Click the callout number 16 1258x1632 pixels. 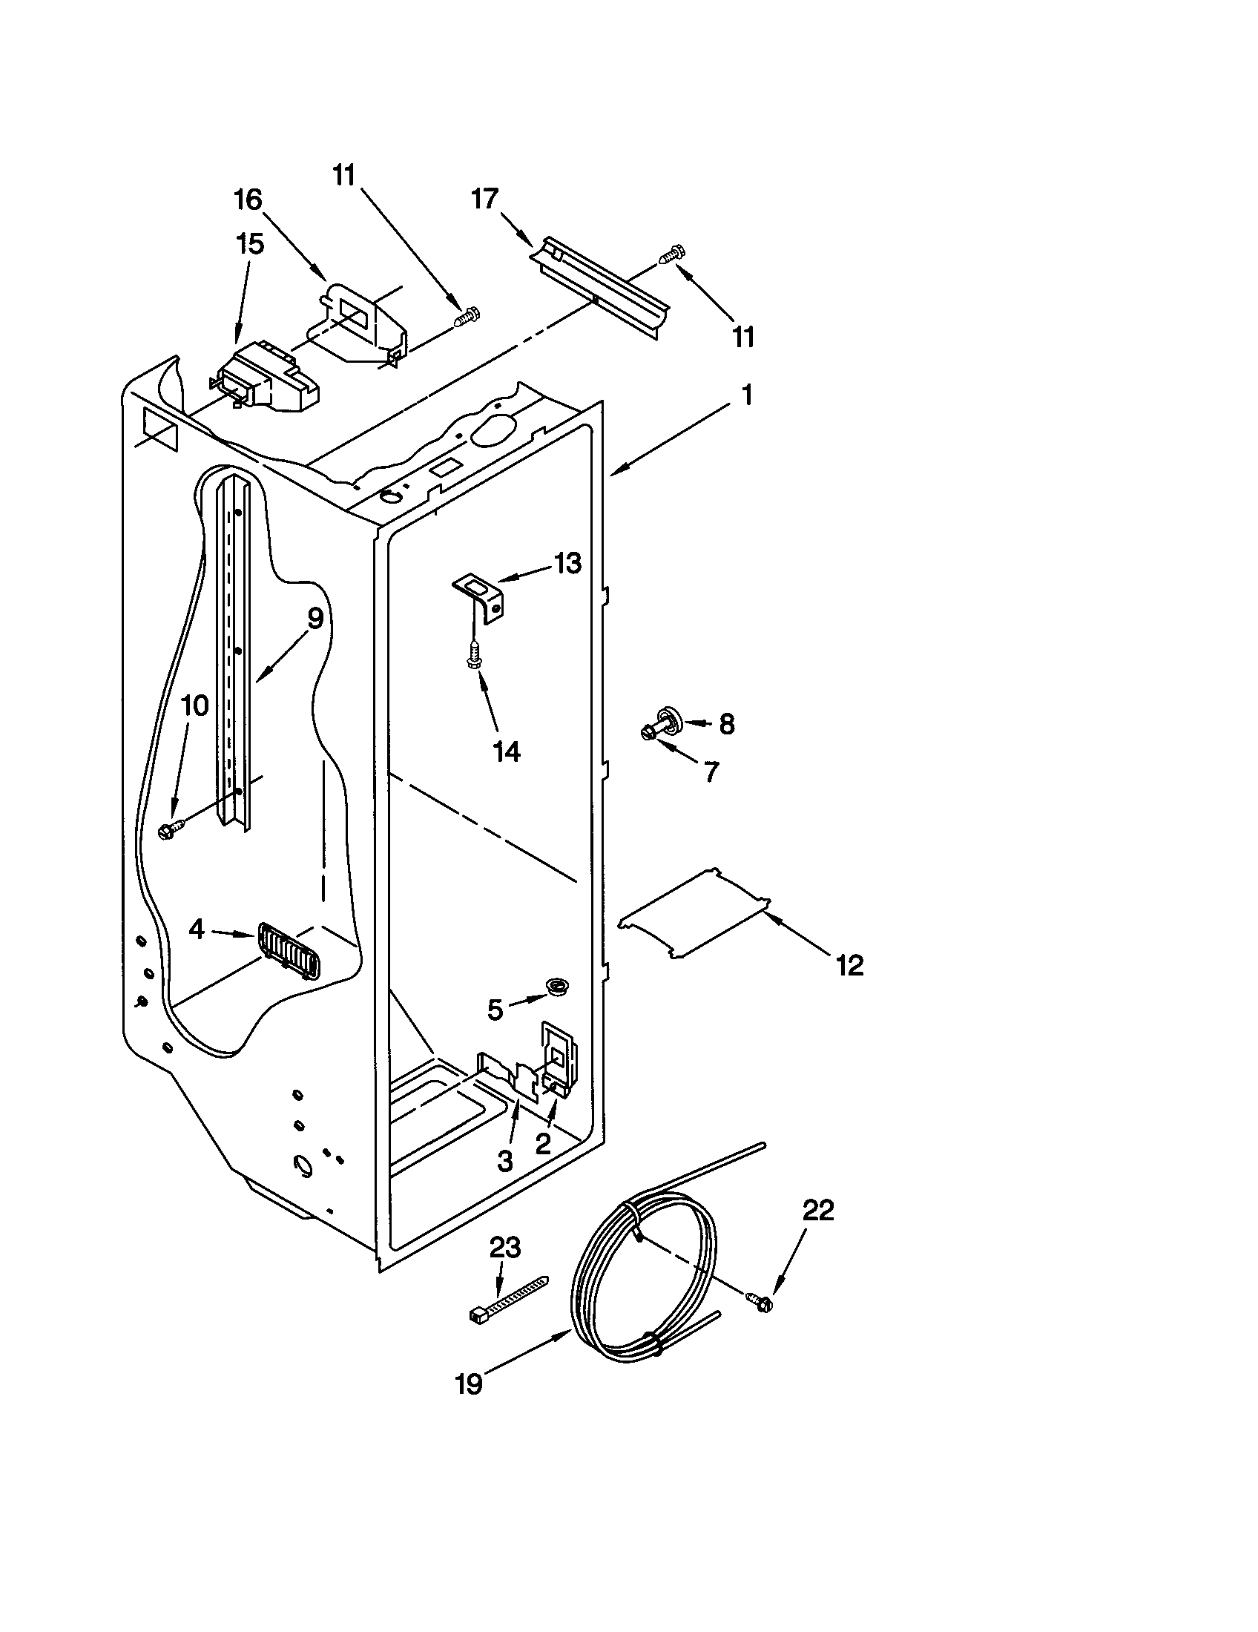(248, 200)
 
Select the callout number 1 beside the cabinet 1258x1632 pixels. (745, 395)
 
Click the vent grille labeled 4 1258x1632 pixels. (289, 950)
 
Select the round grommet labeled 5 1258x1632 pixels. (556, 987)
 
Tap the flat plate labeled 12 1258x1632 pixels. (695, 912)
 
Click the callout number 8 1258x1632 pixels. (726, 723)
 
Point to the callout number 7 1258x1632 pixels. (710, 771)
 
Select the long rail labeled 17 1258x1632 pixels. (598, 288)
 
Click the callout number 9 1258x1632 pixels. (314, 619)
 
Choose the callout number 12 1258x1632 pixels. (850, 964)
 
